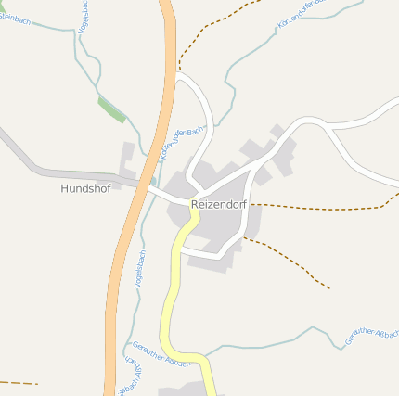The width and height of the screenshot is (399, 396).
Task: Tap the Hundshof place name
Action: click(x=84, y=188)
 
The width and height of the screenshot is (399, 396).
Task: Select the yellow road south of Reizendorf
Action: click(x=171, y=297)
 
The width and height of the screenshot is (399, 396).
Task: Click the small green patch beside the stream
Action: click(x=111, y=109)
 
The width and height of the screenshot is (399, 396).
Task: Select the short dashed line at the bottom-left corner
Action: click(x=19, y=382)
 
